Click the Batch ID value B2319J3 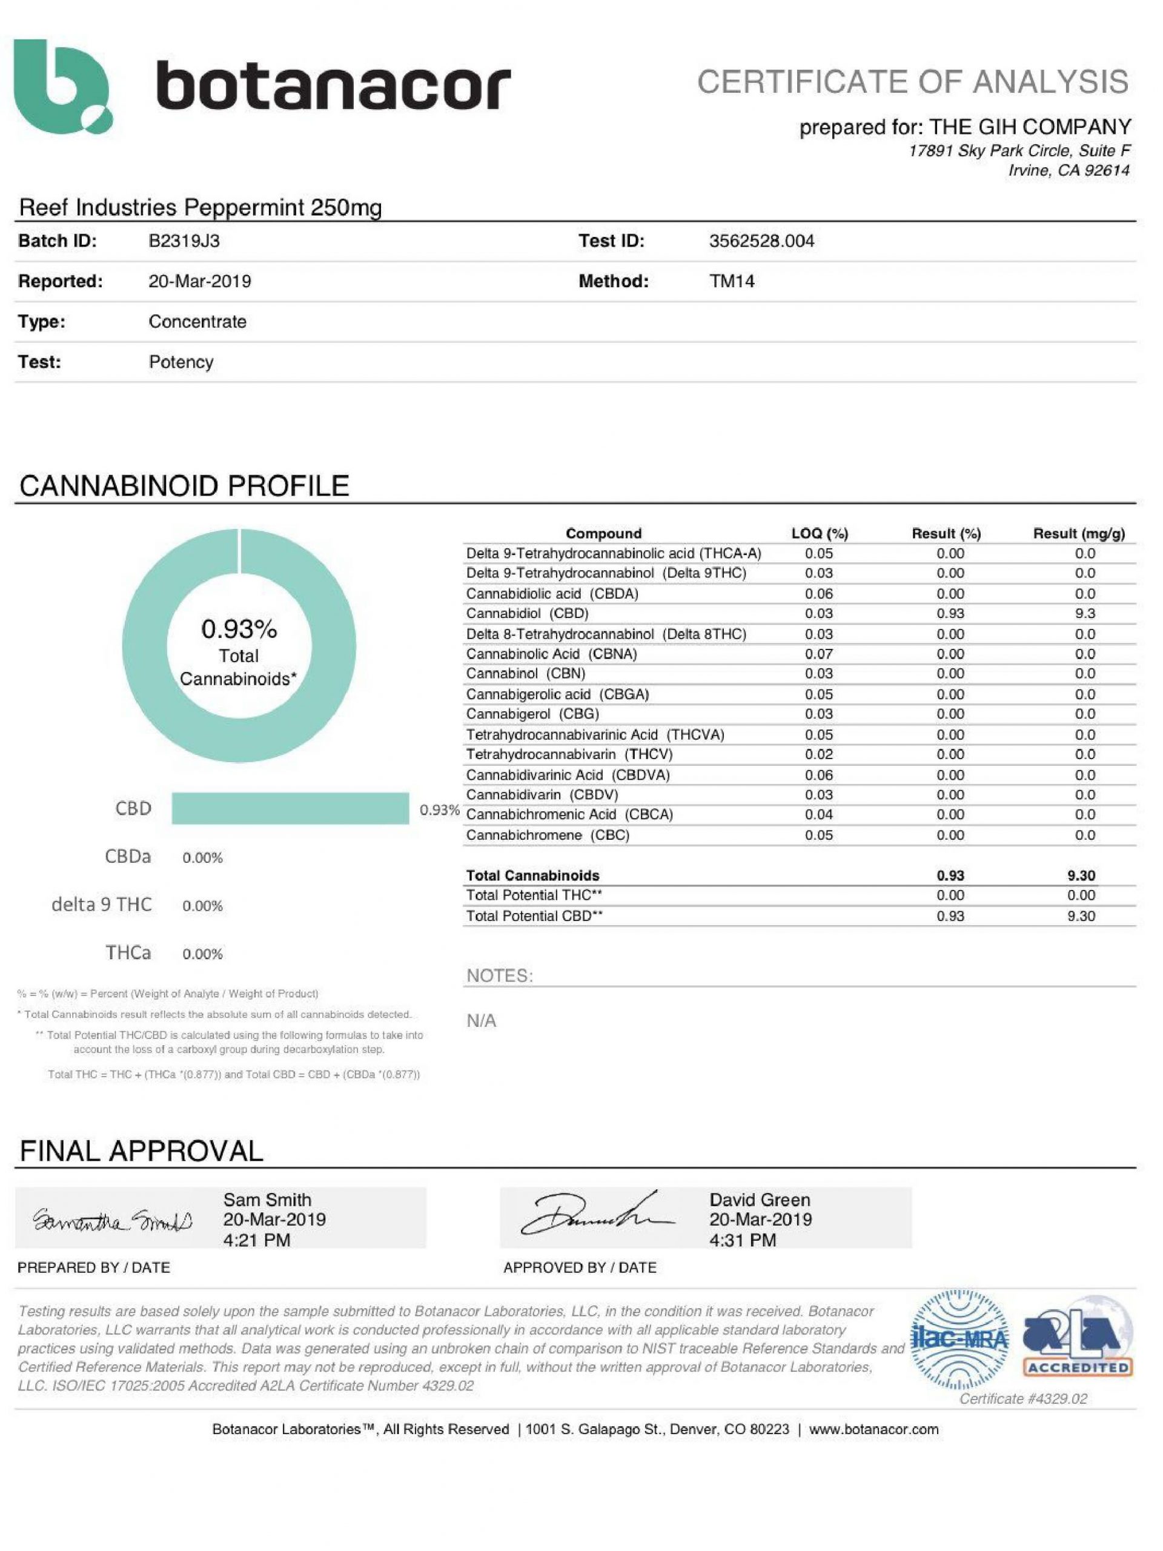(184, 241)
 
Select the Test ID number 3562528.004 (761, 241)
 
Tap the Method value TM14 (731, 281)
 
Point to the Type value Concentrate (197, 322)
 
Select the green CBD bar (290, 808)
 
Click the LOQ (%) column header (819, 534)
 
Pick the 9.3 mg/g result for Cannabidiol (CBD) (1084, 614)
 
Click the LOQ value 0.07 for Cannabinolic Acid (818, 654)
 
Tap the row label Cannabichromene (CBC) (548, 835)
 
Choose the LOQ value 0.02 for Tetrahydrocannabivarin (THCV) (818, 754)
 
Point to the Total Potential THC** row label (534, 895)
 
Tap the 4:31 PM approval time (743, 1240)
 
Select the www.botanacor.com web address (873, 1429)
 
